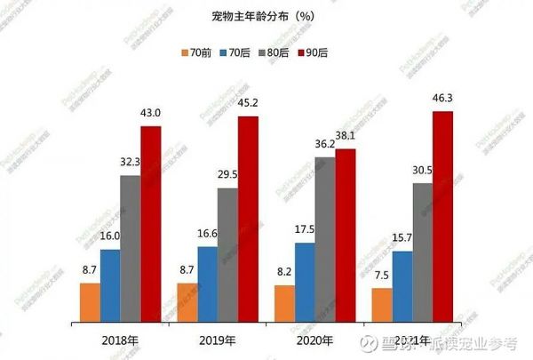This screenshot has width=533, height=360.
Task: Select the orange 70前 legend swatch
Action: click(x=183, y=52)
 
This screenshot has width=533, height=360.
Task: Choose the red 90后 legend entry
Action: click(x=338, y=52)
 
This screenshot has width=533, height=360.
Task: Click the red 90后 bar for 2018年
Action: click(x=151, y=222)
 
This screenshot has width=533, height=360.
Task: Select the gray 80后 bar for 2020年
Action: click(x=325, y=237)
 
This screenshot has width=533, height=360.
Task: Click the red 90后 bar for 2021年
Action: click(x=442, y=215)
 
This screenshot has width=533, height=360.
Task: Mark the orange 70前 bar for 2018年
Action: click(x=90, y=301)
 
